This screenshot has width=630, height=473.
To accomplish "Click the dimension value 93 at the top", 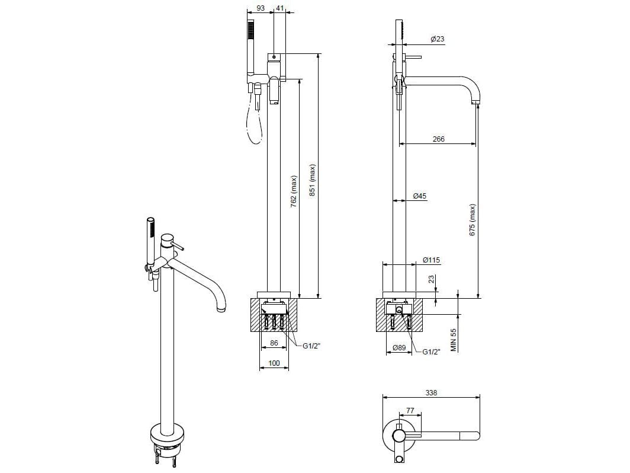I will [x=259, y=8].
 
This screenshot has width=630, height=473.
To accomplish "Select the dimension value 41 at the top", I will [x=280, y=8].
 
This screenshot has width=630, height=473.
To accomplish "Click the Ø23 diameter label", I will [x=438, y=39].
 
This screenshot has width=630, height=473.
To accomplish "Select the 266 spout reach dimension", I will [x=438, y=139].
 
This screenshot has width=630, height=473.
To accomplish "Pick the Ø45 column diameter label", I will [x=420, y=196].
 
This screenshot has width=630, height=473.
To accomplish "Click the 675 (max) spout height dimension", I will [x=472, y=220].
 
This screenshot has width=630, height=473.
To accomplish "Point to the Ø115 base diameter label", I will [x=431, y=260].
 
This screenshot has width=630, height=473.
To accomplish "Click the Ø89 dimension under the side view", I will [x=398, y=348].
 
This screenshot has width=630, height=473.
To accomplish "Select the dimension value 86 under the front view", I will [x=274, y=343].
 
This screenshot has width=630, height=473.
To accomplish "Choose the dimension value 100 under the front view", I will [x=274, y=362].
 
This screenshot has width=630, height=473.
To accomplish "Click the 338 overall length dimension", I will [x=431, y=392].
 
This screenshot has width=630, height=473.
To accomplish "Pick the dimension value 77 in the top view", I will [x=409, y=410].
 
